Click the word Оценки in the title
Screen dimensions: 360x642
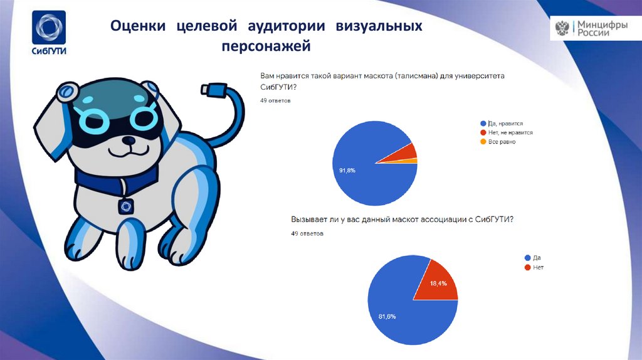[138, 26]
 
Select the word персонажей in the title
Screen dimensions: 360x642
[266, 46]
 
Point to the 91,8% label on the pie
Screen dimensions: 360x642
[347, 170]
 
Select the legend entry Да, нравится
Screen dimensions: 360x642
[505, 124]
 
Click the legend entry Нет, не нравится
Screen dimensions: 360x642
[510, 133]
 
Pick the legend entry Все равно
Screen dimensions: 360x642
[502, 142]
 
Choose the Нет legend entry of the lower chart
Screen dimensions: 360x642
[534, 267]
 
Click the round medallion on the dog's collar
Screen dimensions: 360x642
[127, 205]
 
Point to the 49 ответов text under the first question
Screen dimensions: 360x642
[275, 100]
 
